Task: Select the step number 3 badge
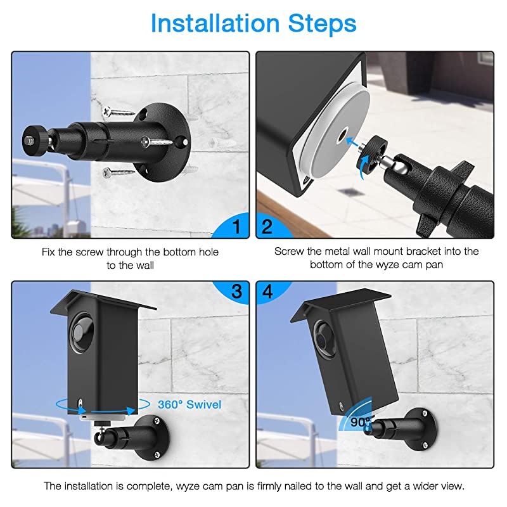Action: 235,292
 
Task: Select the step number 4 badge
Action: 267,292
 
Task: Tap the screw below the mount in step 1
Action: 119,170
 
